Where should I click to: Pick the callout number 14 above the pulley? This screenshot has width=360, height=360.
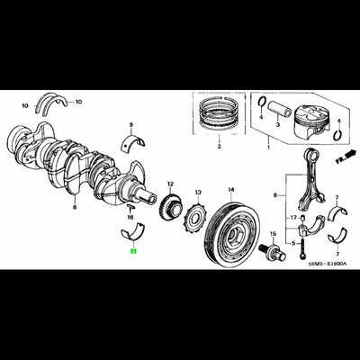pos(230,190)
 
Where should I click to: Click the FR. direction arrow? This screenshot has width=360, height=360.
pos(341,154)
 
